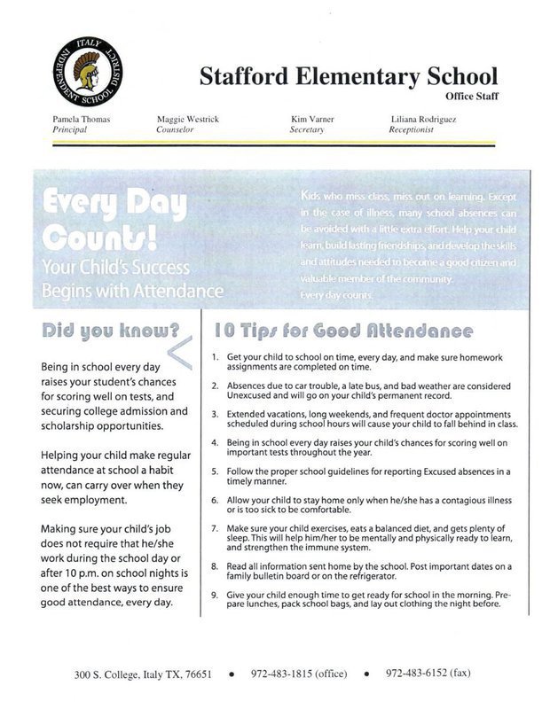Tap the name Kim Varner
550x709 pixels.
(x=311, y=118)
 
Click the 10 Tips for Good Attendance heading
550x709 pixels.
(x=342, y=331)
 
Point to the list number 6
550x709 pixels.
(x=216, y=500)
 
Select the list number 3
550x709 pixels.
(x=216, y=414)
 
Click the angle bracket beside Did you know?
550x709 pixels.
(x=179, y=352)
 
